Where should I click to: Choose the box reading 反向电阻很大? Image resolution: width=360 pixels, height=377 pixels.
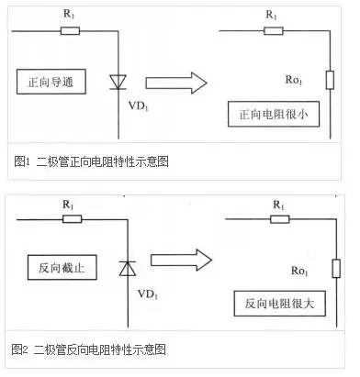point(270,304)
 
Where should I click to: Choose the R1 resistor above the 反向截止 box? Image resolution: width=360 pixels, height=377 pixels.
point(72,218)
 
